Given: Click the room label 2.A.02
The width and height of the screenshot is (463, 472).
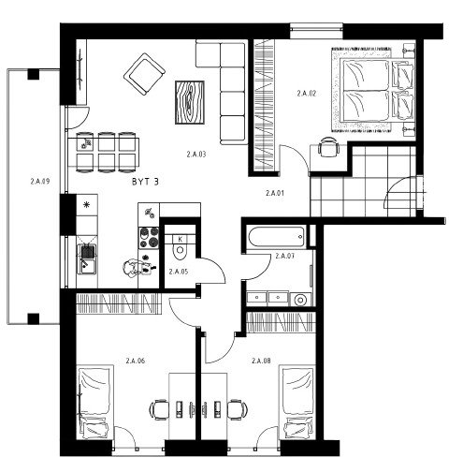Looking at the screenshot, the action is point(307,94).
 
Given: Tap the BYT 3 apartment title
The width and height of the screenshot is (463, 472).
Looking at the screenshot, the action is point(145,182).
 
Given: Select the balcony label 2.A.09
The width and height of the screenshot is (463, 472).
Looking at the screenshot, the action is point(40,182).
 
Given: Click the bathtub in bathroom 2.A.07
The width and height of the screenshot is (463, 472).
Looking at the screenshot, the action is point(276,236).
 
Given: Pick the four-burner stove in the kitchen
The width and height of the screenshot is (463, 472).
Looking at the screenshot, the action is point(149,237).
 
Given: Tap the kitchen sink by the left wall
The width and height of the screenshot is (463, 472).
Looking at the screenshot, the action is point(87,258).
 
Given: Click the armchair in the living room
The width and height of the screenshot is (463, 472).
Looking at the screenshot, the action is point(144,74).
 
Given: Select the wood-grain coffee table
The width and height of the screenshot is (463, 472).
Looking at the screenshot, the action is point(190,102).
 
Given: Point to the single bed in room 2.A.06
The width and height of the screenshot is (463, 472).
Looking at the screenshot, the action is point(94,402).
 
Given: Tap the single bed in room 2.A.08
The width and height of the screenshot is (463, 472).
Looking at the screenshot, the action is point(297,402).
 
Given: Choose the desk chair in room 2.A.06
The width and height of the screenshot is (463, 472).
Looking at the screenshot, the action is point(159,409).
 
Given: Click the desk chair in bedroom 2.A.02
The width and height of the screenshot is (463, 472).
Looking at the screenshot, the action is point(328,147).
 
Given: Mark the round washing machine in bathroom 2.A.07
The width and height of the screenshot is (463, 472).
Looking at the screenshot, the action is point(300,300).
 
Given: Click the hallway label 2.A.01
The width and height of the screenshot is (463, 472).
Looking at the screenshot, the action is point(275,193).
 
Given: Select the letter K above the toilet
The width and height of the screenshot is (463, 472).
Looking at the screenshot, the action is point(181,240).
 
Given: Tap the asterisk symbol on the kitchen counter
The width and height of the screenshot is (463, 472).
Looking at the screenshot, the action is point(87,205).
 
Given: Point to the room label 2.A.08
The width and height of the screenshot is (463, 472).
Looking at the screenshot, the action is point(261,361).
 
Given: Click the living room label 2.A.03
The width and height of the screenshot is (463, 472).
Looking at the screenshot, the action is point(196,155).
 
